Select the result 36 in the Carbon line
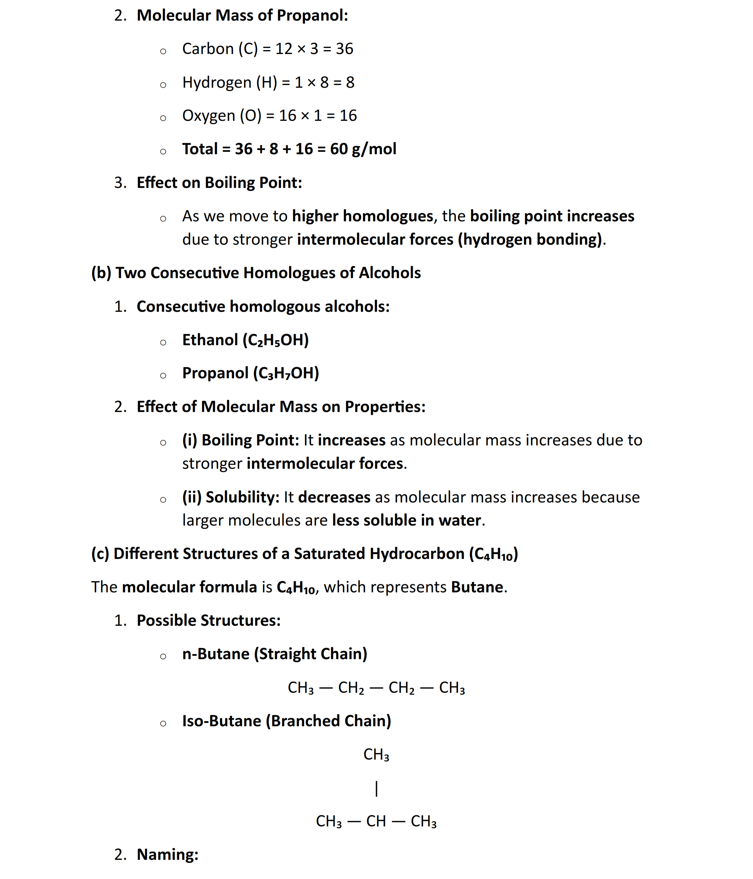point(344,49)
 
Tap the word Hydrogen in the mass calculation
point(217,82)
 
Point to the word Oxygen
point(208,116)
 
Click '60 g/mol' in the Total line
point(363,149)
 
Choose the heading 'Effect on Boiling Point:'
point(219,183)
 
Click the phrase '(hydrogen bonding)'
point(530,240)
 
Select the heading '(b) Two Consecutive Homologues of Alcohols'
point(256,273)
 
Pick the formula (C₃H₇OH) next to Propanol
point(286,373)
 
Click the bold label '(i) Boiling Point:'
point(241,440)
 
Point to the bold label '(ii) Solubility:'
point(231,497)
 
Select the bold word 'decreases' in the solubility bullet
point(334,497)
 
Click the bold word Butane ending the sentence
point(477,587)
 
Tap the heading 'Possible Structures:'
point(208,621)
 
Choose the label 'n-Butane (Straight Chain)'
point(275,654)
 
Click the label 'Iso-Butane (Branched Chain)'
point(286,721)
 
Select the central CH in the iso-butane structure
point(376,822)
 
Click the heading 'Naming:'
point(168,855)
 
